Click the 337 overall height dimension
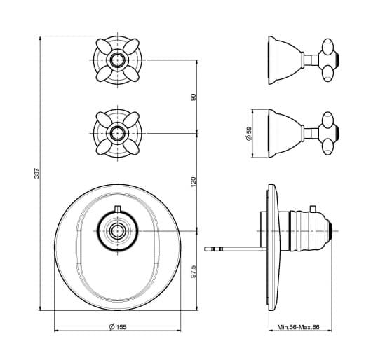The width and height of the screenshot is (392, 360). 37,173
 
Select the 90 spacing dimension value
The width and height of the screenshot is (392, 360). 194,97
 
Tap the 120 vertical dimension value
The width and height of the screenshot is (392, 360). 194,182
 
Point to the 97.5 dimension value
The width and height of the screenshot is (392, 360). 194,272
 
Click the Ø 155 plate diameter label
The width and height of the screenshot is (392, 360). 118,327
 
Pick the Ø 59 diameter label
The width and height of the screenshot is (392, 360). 250,134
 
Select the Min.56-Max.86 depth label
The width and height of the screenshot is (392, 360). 298,327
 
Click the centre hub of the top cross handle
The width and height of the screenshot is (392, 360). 118,60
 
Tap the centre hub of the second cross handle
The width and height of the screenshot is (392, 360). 118,133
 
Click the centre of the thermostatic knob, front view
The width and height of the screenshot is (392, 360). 118,231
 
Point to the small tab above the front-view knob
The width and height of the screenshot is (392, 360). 118,209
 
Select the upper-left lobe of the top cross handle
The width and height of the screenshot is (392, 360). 104,46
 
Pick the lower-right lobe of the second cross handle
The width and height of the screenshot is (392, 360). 131,147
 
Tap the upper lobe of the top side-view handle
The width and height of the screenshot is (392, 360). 327,46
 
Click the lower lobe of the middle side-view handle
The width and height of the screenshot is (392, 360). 327,147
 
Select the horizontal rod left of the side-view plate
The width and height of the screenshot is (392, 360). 236,249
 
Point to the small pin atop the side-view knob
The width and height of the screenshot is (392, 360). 313,209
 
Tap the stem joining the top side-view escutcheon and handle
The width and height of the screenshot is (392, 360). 311,60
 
